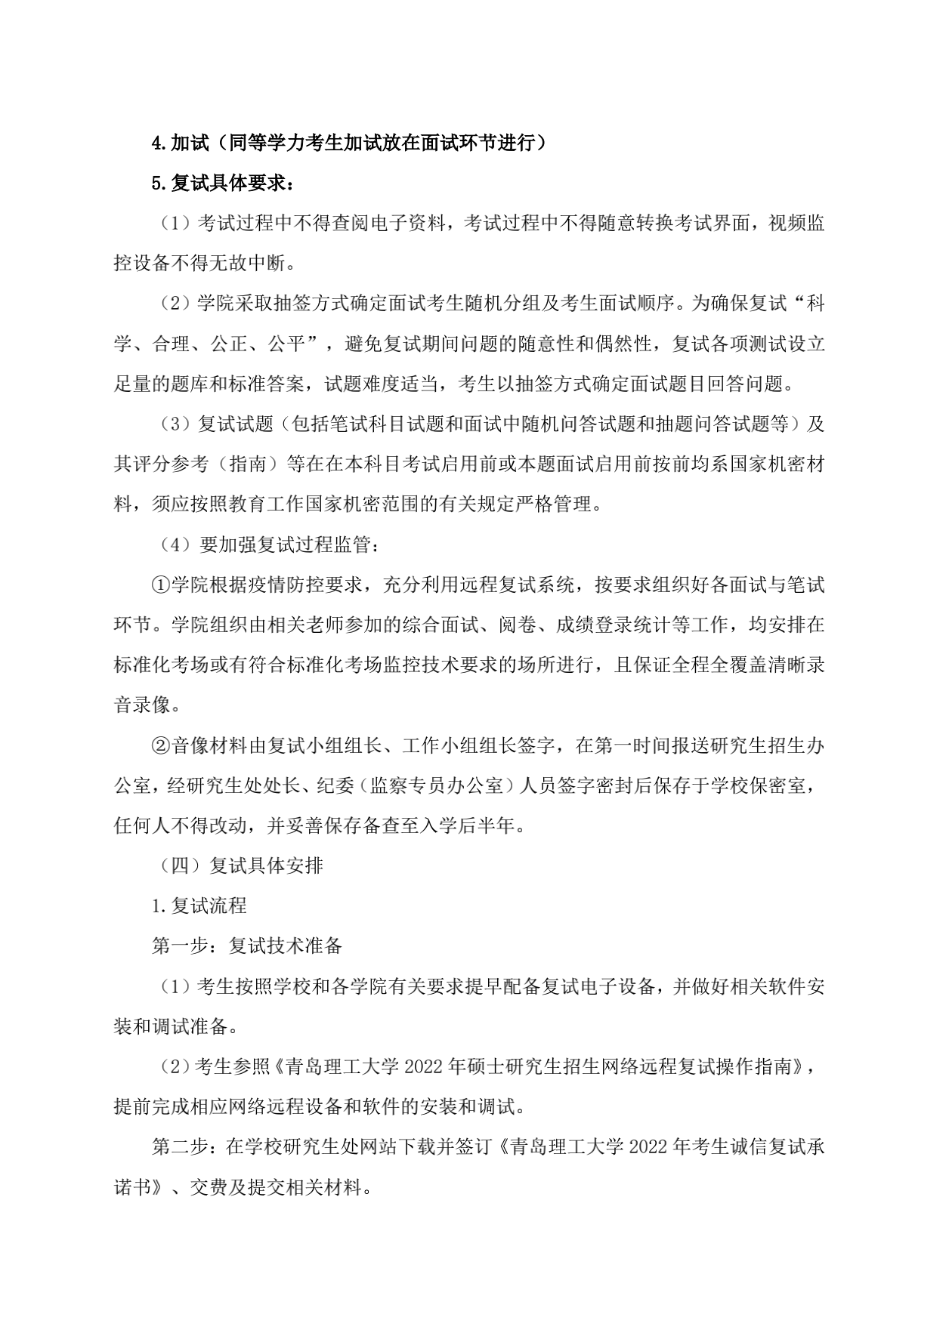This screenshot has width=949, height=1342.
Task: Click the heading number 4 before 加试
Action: click(x=157, y=143)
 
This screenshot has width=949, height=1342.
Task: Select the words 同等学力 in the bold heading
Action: click(x=266, y=143)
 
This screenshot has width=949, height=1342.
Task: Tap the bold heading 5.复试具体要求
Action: click(x=224, y=183)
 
